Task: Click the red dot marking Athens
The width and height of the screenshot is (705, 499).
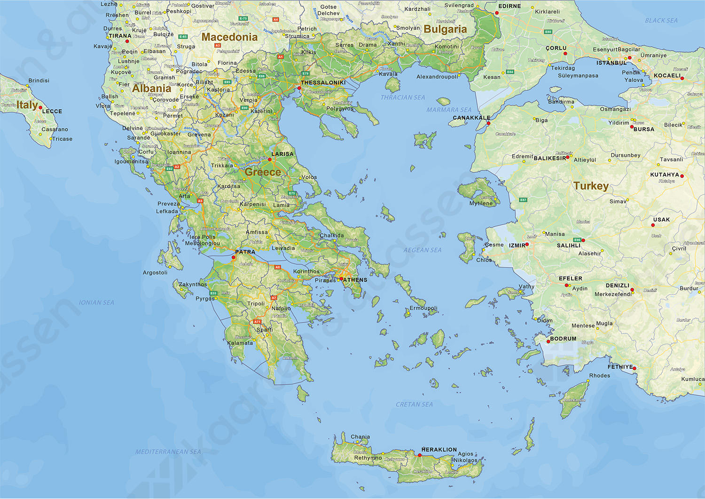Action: (x=341, y=279)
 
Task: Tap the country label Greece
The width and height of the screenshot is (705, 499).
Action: (x=263, y=172)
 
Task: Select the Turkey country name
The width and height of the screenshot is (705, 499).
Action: (x=591, y=186)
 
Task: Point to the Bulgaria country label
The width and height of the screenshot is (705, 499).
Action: (x=445, y=29)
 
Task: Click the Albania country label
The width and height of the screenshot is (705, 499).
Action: (x=151, y=88)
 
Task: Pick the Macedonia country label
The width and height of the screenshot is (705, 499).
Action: (x=229, y=37)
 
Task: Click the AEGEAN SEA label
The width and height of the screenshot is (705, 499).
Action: (x=422, y=250)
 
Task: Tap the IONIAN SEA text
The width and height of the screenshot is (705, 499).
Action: (x=96, y=302)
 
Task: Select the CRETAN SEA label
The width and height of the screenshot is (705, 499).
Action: (x=414, y=404)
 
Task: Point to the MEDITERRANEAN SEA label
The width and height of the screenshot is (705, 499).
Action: (x=168, y=451)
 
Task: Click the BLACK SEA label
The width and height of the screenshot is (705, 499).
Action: (x=661, y=21)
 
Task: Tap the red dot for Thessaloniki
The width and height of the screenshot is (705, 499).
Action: (x=299, y=88)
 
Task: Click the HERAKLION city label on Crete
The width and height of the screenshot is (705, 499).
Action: (x=439, y=450)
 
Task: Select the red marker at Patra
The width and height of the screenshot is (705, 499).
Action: (x=234, y=257)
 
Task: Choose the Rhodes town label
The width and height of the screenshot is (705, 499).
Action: (x=600, y=375)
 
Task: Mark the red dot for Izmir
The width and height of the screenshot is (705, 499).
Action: (x=527, y=245)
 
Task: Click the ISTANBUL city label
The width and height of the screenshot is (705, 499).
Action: (x=611, y=63)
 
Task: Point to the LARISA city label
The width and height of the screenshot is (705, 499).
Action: (x=282, y=154)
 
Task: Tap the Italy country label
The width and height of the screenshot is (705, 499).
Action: (x=27, y=105)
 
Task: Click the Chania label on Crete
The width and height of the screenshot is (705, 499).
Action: (x=360, y=437)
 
